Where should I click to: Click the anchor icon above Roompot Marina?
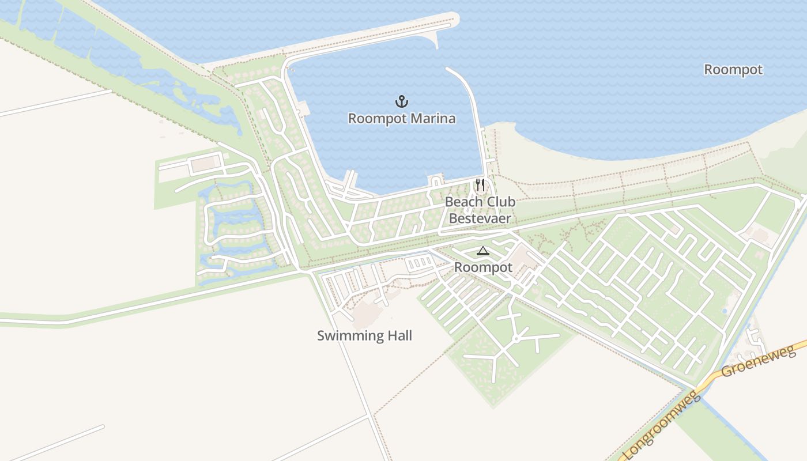[401, 102]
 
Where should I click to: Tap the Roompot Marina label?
[402, 119]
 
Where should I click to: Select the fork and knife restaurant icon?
[480, 185]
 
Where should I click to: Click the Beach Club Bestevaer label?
[480, 210]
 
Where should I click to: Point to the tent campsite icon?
[482, 251]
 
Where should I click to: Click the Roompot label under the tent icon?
[483, 267]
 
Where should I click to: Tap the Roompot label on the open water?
[733, 70]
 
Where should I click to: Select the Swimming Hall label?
[364, 335]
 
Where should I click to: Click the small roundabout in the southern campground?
[516, 339]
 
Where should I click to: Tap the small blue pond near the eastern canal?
[724, 311]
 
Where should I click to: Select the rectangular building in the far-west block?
[202, 164]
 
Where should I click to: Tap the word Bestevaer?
[480, 218]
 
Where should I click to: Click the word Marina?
[430, 119]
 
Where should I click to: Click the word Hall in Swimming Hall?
[398, 335]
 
